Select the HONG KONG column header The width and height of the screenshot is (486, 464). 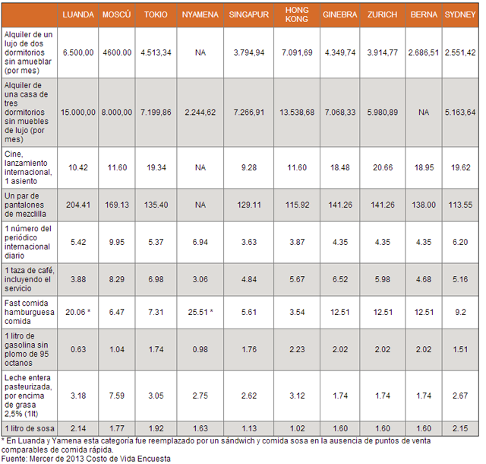296,14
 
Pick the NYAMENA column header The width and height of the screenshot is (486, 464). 200,14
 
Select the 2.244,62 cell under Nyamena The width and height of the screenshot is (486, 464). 200,112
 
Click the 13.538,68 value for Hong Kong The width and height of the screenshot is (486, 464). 296,112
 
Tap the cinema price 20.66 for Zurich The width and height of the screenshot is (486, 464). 381,166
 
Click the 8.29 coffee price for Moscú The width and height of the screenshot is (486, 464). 116,280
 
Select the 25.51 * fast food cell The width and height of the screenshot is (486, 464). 200,312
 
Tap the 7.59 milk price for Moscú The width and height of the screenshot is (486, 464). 116,394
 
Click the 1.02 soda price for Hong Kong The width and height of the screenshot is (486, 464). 296,427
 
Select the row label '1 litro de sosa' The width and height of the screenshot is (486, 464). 28,427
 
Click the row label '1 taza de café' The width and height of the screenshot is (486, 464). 29,280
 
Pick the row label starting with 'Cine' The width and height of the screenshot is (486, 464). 29,166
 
